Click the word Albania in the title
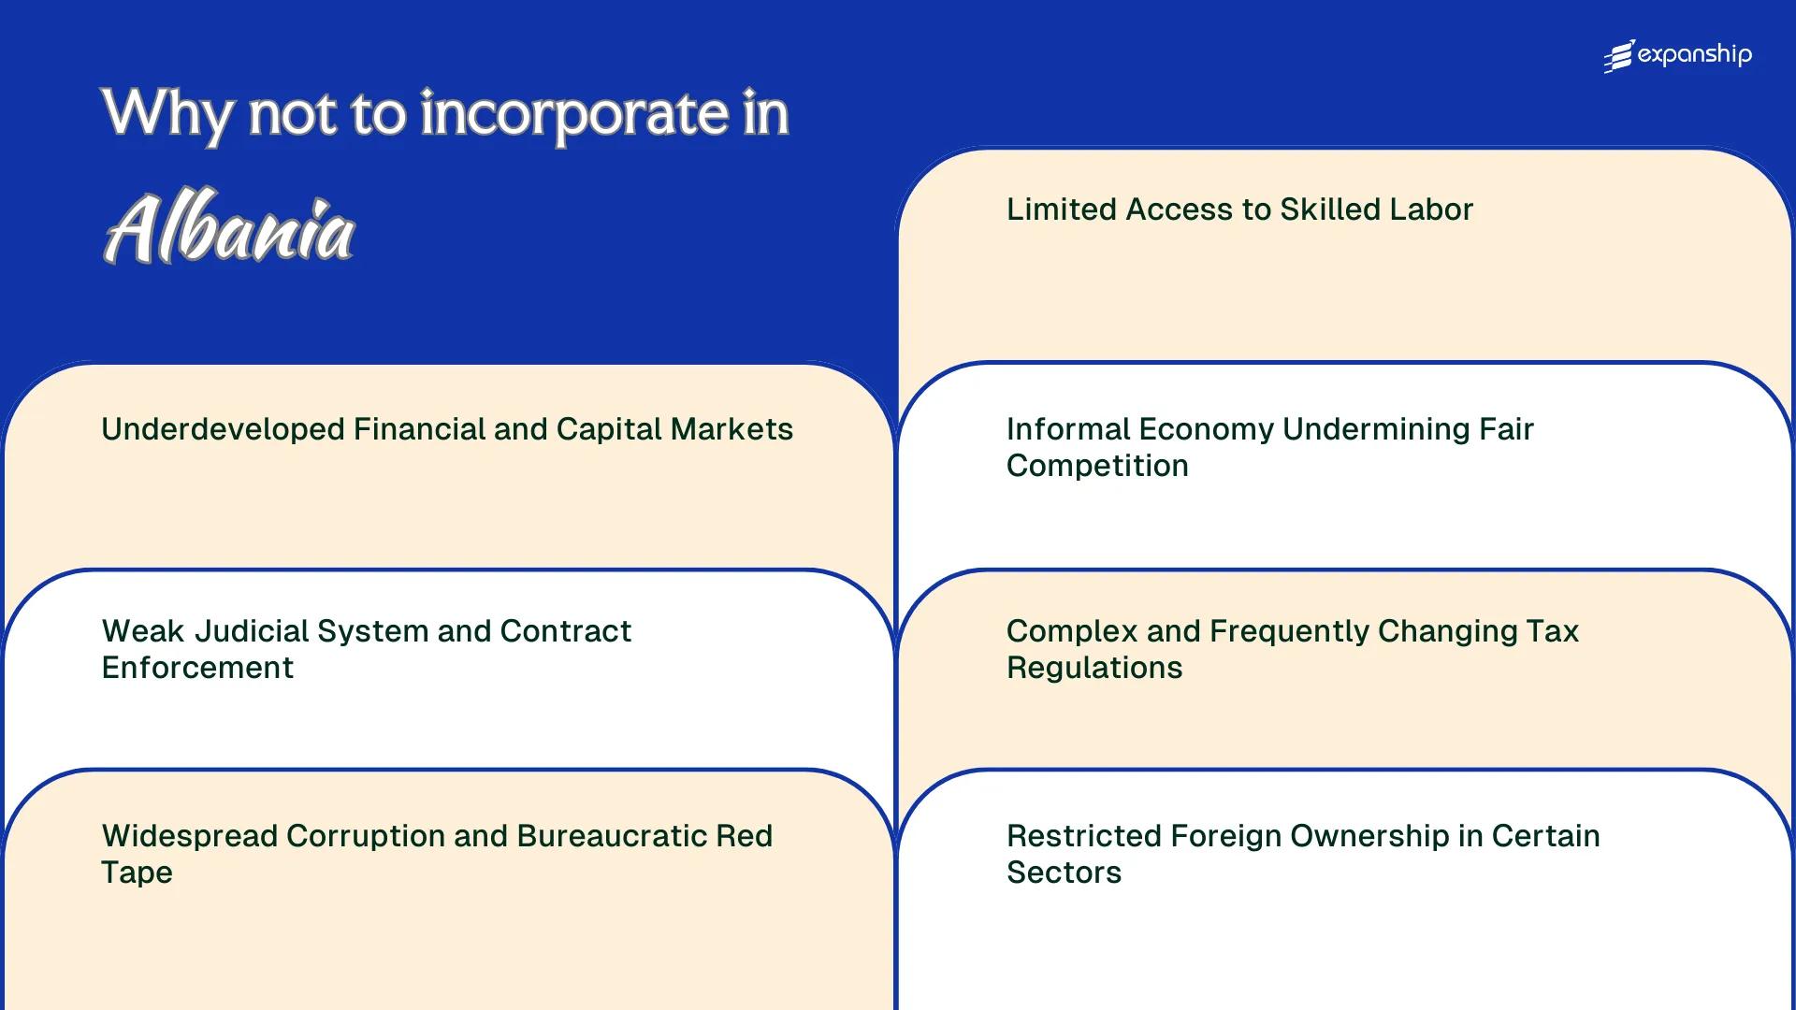click(x=229, y=228)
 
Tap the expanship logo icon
click(x=1618, y=56)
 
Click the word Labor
click(x=1435, y=209)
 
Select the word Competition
click(x=1097, y=466)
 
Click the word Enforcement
click(x=197, y=668)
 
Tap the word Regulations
click(x=1094, y=668)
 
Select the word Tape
click(x=137, y=873)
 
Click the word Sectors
click(x=1064, y=873)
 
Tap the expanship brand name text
click(x=1694, y=55)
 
